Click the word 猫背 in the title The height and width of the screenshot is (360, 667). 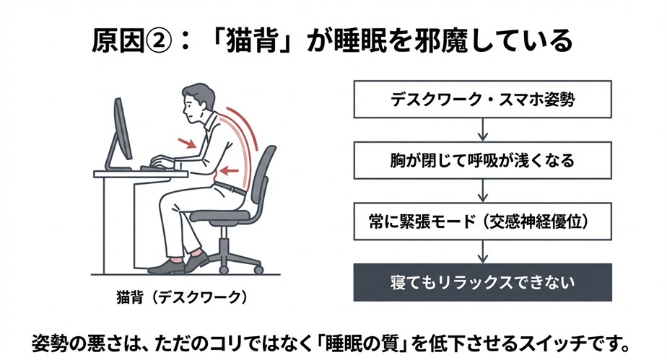click(250, 41)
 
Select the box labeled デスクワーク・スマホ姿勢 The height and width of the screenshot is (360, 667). click(481, 100)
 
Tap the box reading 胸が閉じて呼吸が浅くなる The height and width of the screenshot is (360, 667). click(481, 160)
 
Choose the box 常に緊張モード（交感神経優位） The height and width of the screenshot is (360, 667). click(481, 221)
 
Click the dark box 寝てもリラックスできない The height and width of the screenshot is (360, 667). click(481, 281)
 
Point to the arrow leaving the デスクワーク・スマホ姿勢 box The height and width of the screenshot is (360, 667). click(481, 130)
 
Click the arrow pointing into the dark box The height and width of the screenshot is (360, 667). click(481, 251)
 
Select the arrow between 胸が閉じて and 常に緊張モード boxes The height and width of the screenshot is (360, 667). click(481, 190)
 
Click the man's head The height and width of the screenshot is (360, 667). click(196, 102)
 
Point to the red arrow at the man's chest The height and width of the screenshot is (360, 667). click(188, 144)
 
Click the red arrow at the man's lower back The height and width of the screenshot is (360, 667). click(230, 171)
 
